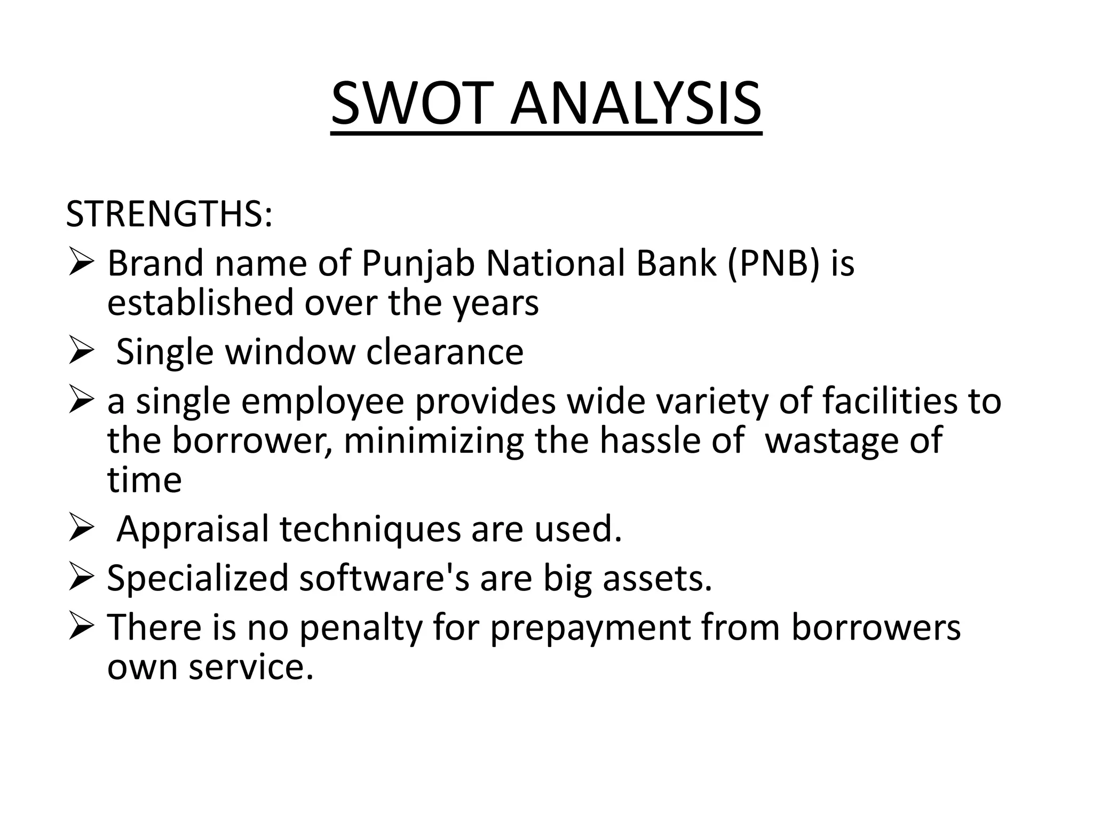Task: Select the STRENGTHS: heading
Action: tap(169, 214)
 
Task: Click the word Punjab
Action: tap(418, 264)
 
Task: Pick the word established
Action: tap(201, 303)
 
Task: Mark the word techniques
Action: tap(370, 529)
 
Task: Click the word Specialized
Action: tap(197, 578)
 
